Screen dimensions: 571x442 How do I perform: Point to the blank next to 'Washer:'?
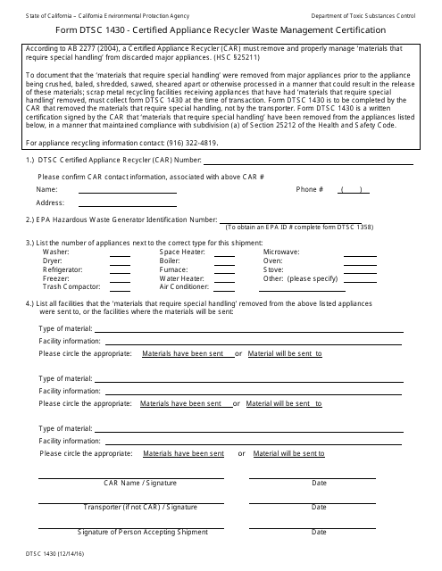pyautogui.click(x=120, y=252)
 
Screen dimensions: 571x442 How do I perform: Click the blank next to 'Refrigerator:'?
pyautogui.click(x=120, y=269)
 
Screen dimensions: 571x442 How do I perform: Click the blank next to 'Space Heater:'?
pyautogui.click(x=224, y=252)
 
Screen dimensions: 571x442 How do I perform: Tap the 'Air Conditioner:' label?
pyautogui.click(x=184, y=286)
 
